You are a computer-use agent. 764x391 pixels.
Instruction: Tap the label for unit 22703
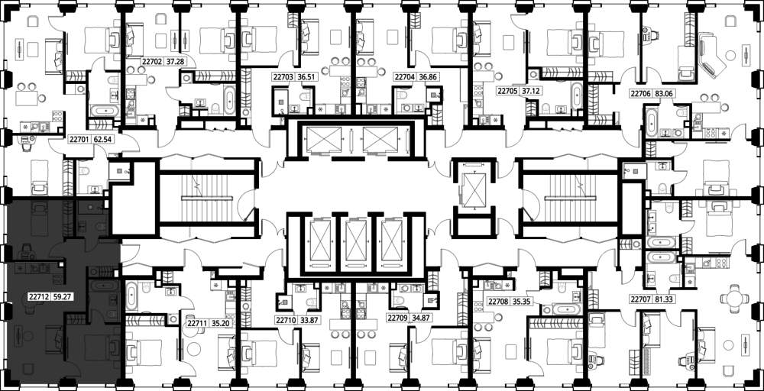pyautogui.click(x=283, y=76)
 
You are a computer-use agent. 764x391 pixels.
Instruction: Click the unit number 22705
pyautogui.click(x=507, y=91)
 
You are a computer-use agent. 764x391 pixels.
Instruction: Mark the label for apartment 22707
pyautogui.click(x=640, y=299)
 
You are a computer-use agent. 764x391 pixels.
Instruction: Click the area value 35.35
pyautogui.click(x=520, y=302)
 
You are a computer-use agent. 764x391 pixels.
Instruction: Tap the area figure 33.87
pyautogui.click(x=309, y=321)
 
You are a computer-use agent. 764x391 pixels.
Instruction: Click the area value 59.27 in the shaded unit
pyautogui.click(x=64, y=295)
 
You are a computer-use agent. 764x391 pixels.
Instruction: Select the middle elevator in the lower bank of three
pyautogui.click(x=356, y=241)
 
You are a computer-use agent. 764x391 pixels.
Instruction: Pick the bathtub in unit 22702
pyautogui.click(x=229, y=99)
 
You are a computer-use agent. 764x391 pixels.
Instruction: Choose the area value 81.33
pyautogui.click(x=664, y=299)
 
